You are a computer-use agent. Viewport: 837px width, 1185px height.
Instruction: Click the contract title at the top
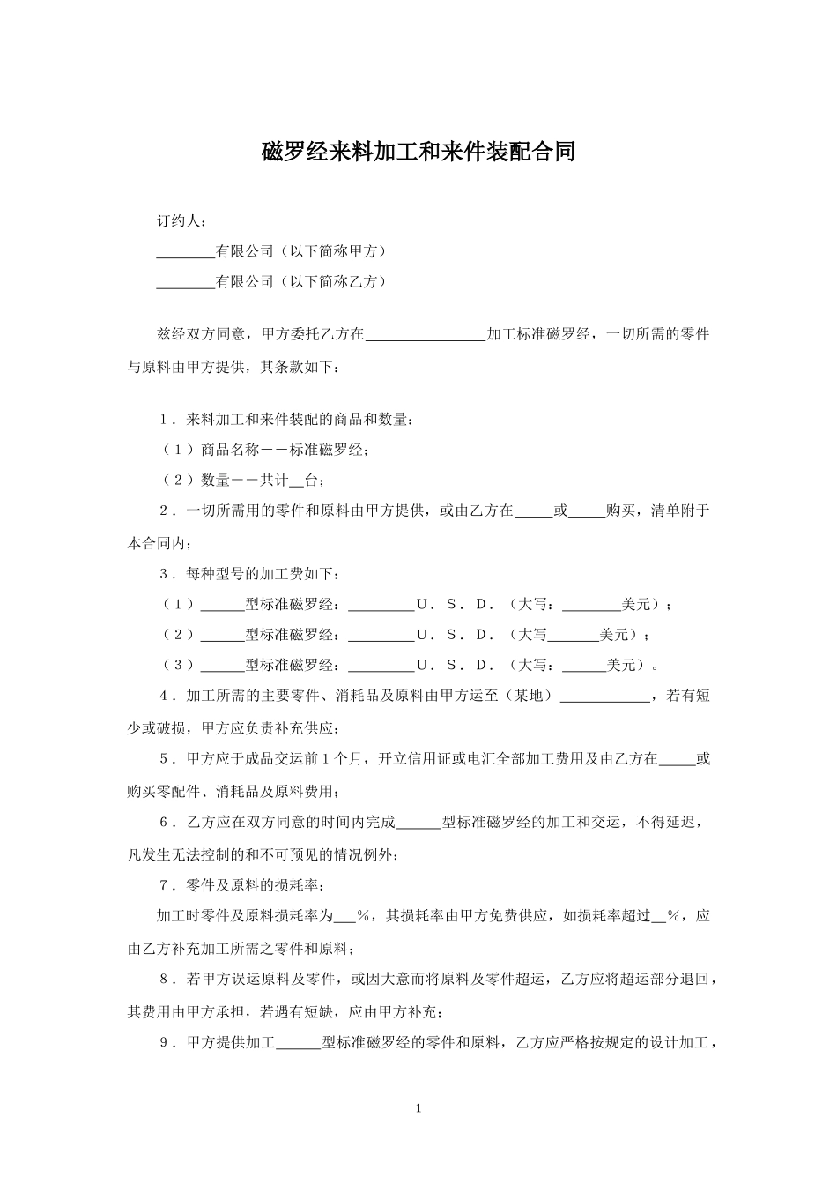coord(418,152)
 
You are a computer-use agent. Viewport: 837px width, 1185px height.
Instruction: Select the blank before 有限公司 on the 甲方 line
coord(186,252)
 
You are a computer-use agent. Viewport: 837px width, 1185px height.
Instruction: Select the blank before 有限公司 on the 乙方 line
coord(186,282)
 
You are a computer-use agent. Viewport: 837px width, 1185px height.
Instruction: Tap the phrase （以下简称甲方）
coord(333,252)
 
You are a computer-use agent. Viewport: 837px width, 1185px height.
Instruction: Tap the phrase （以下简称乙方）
coord(333,282)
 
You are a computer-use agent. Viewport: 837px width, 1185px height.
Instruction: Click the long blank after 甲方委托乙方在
coord(426,335)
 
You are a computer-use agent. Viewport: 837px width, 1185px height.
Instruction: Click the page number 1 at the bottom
coord(418,1107)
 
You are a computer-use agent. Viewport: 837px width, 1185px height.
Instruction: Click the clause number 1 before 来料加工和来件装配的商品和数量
coord(165,420)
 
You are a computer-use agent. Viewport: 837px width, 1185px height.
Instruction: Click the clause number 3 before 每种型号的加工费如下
coord(165,574)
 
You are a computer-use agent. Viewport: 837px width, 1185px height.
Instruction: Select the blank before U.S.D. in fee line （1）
coord(381,605)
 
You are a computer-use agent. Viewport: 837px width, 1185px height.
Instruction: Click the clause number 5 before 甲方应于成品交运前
coord(165,758)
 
